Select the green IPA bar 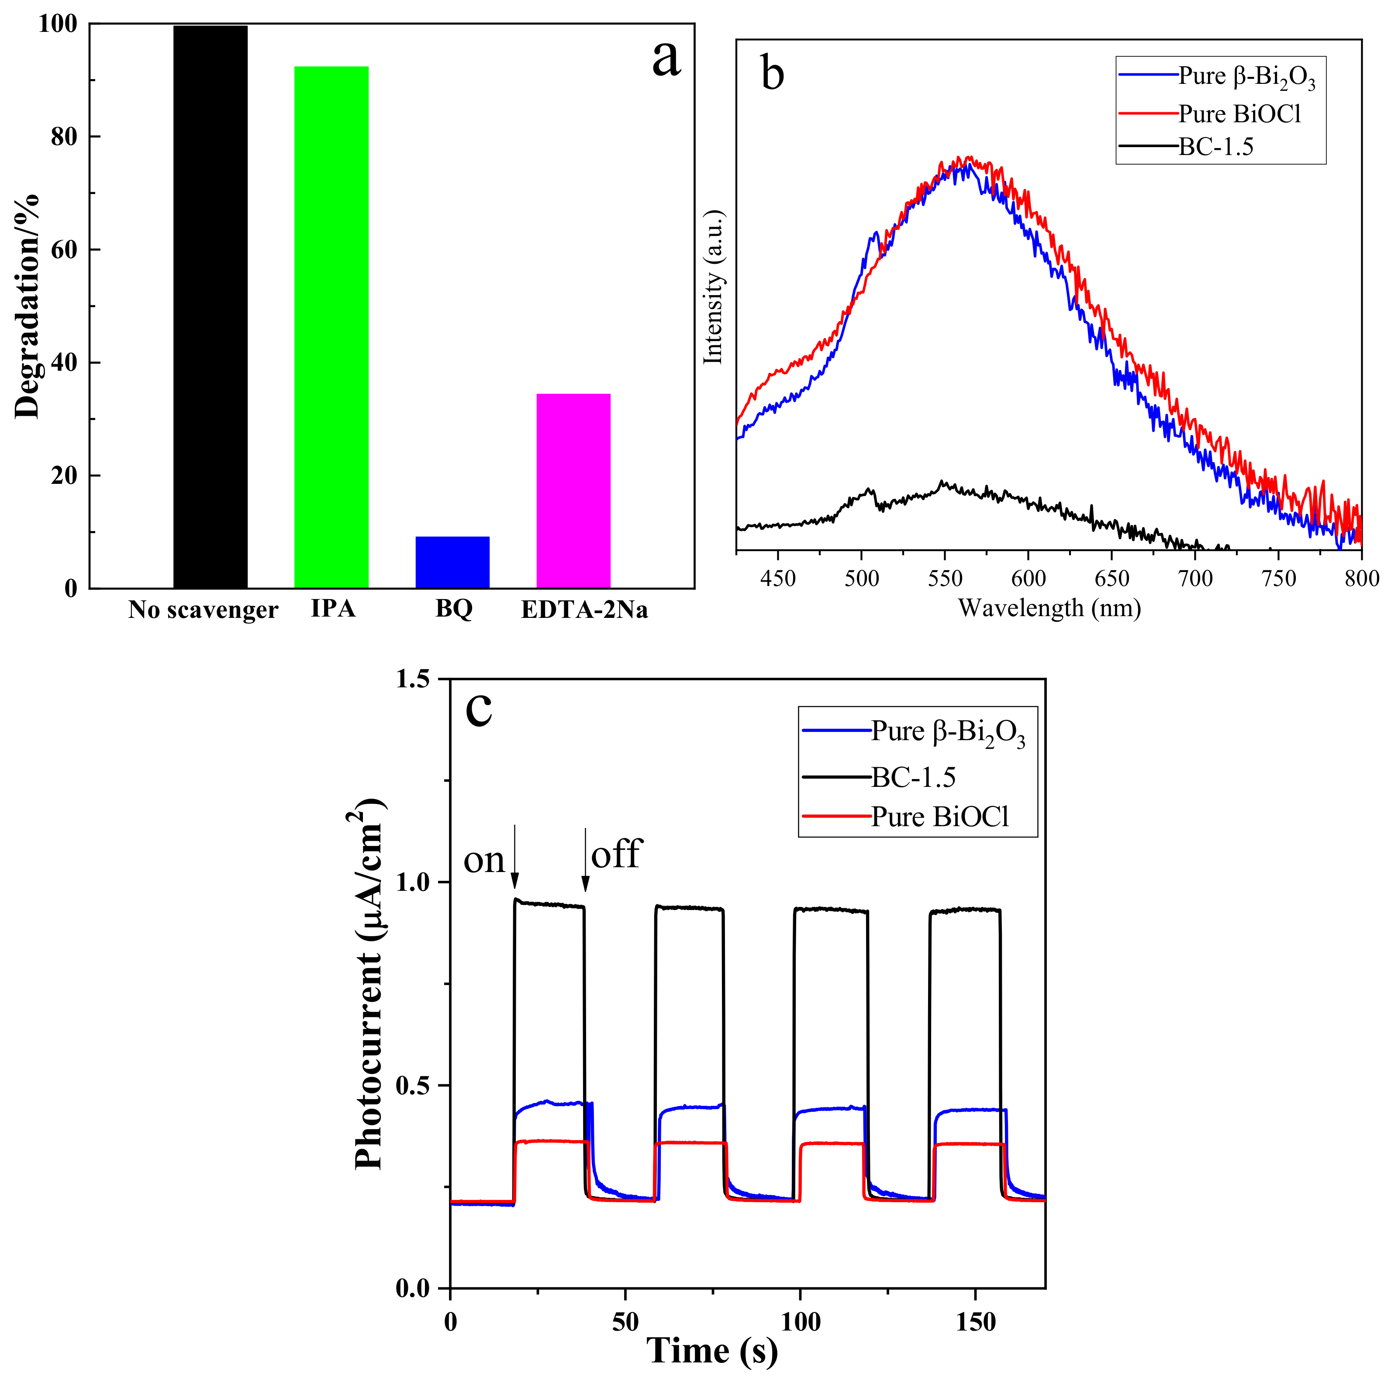331,327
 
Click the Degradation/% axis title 28,307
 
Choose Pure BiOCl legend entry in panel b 1239,114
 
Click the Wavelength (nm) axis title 1049,608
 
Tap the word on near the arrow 484,860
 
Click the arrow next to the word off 585,860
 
